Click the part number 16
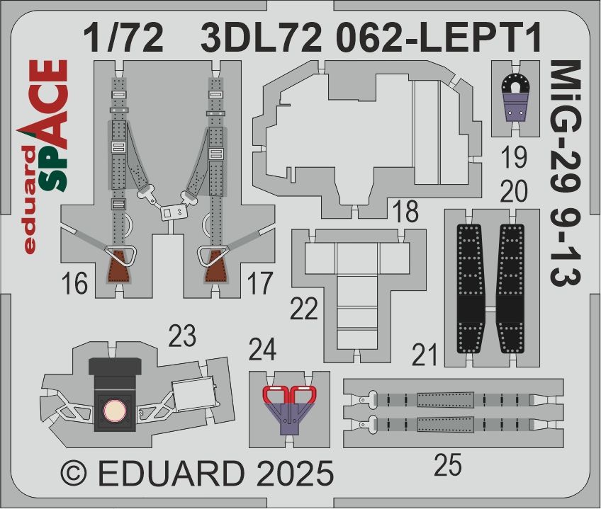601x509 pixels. click(74, 284)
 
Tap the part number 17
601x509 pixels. click(260, 283)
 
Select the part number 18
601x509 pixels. click(405, 212)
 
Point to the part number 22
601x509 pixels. click(304, 309)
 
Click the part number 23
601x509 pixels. click(182, 336)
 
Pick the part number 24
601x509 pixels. click(262, 350)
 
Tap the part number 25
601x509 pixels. click(448, 465)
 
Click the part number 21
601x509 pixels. click(425, 355)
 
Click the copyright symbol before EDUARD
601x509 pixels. click(74, 473)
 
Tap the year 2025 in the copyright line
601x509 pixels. click(295, 473)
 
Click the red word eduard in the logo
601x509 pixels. click(30, 199)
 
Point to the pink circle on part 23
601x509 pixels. click(115, 411)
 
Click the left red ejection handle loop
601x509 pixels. click(276, 394)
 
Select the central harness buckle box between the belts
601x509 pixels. click(173, 212)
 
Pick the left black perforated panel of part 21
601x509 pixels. click(471, 288)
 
